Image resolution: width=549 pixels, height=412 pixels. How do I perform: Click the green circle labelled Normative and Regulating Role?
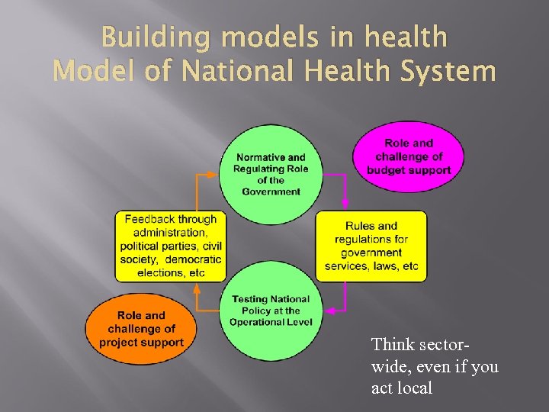[x=270, y=174]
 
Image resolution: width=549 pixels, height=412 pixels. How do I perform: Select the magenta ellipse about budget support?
[x=408, y=157]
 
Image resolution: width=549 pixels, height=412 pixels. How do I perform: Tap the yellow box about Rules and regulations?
[x=371, y=246]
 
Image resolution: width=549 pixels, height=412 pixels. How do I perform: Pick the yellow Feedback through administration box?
[x=170, y=246]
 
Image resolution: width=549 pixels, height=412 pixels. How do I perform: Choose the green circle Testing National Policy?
[x=270, y=311]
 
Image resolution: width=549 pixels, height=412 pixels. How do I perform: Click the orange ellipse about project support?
[x=141, y=329]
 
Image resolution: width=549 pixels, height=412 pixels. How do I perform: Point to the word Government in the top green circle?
[x=271, y=192]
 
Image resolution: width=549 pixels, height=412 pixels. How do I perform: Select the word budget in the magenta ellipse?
[x=386, y=170]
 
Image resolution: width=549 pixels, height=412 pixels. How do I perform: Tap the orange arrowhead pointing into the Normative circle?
[x=217, y=174]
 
